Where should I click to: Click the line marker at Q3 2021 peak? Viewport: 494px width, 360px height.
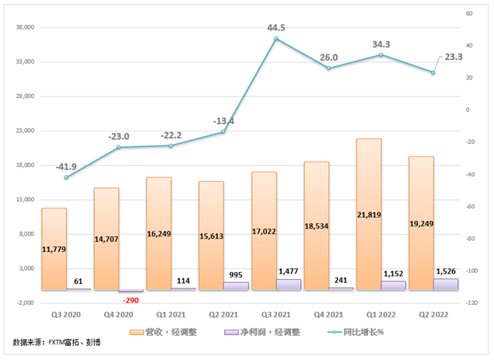(276, 38)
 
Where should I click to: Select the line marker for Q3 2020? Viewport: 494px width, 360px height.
(65, 177)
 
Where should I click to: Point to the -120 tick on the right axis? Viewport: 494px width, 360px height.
(472, 302)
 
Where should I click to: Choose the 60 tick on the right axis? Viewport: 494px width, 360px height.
(469, 14)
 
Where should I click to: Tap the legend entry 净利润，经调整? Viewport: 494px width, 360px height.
(258, 332)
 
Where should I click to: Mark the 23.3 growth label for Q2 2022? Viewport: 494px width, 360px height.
(454, 57)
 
